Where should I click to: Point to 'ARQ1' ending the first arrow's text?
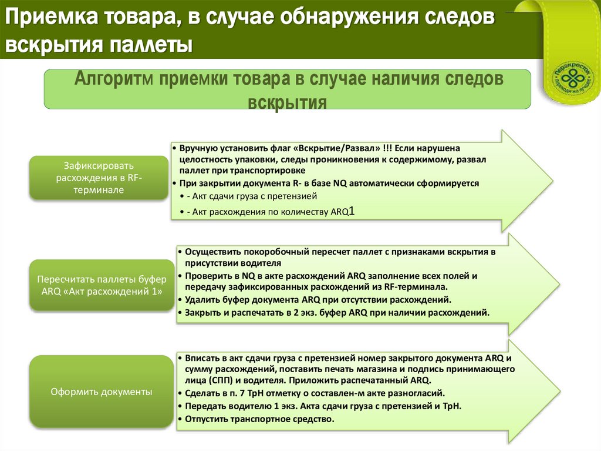344,211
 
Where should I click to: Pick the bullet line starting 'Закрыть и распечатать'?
337,312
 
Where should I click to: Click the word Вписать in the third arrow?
200,358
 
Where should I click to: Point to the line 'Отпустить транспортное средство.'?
259,419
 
